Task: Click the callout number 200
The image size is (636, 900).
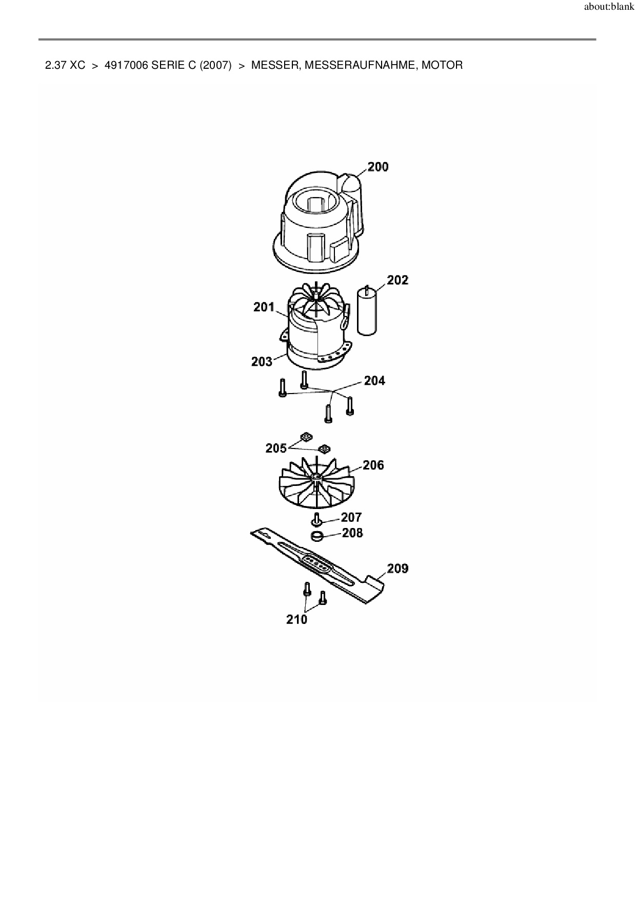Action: [x=378, y=167]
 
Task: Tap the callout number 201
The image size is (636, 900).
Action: [x=264, y=307]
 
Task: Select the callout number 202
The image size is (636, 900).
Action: [x=397, y=280]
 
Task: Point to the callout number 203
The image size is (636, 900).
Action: [x=262, y=362]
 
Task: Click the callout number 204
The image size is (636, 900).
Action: [x=374, y=381]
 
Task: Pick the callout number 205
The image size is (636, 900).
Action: [x=276, y=448]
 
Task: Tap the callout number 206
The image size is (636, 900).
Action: [x=373, y=465]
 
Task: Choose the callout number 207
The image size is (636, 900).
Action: [x=351, y=517]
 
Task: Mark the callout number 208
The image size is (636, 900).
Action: [x=352, y=533]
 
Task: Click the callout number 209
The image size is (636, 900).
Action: [x=397, y=569]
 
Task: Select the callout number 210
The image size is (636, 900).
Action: [x=296, y=619]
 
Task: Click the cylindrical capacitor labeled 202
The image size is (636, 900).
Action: [x=367, y=313]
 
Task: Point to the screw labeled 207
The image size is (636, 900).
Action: [x=316, y=519]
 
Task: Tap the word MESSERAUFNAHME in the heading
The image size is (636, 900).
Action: [x=360, y=66]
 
